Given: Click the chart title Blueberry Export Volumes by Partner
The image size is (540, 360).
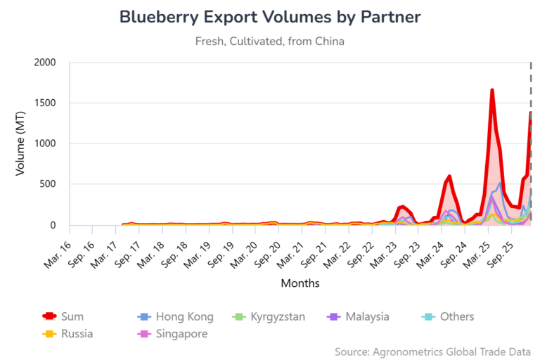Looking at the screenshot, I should point(269,17).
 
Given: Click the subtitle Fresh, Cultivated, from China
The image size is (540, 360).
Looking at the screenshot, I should point(269,41).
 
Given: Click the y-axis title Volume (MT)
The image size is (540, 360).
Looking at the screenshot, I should point(20,144).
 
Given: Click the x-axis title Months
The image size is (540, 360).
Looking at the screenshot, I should point(300,283).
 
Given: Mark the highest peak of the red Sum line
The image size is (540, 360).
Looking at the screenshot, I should point(492,90).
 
